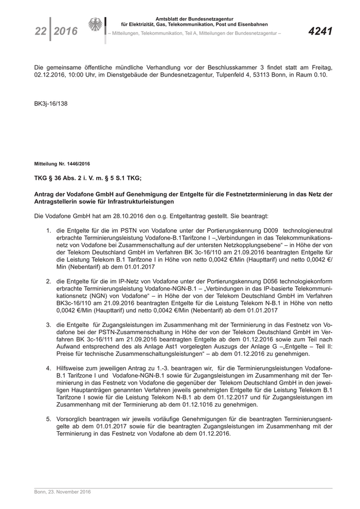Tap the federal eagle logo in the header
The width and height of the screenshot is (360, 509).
[95, 26]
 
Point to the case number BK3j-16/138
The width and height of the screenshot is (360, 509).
[50, 103]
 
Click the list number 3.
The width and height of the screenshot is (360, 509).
[48, 325]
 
